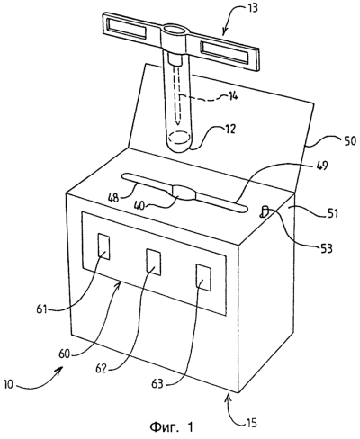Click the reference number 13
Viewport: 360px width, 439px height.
tap(253, 8)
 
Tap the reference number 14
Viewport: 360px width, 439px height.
tap(232, 96)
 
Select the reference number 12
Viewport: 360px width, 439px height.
tap(230, 130)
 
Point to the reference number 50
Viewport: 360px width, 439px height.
tap(350, 141)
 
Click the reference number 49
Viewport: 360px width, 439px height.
tap(321, 166)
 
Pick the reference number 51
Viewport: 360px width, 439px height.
tap(332, 213)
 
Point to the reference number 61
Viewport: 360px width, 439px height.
tap(42, 309)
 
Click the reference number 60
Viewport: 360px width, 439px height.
tap(64, 354)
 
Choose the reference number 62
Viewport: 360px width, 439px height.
tap(102, 369)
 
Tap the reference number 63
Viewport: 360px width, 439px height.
tap(157, 383)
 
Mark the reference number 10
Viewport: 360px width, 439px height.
tap(8, 384)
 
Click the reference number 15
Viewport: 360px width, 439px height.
tap(252, 423)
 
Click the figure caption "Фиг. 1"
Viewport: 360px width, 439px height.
tap(172, 426)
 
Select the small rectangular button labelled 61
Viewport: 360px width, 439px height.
tap(103, 246)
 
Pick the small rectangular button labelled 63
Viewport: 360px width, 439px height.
tap(203, 277)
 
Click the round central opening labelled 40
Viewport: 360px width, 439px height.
tap(184, 192)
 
